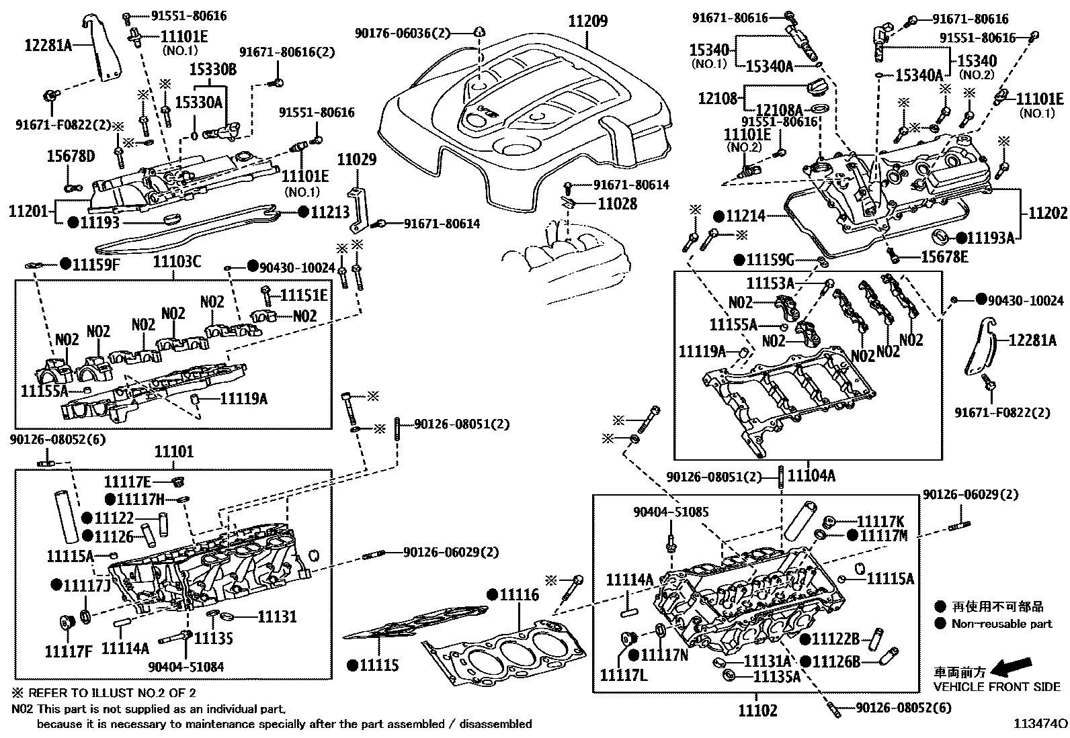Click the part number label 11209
588,21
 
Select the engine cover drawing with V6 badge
531,114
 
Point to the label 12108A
779,109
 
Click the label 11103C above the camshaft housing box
177,263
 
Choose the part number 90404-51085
670,512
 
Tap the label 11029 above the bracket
357,160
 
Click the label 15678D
71,156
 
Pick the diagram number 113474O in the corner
1040,724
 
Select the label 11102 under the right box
757,710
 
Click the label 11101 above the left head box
174,452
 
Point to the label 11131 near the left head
277,616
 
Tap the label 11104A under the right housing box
811,476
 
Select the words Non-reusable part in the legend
1001,624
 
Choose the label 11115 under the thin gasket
379,665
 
